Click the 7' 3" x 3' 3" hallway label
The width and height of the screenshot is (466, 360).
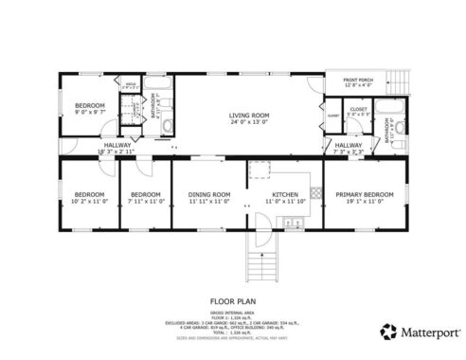click(349, 148)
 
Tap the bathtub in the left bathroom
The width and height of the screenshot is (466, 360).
click(164, 96)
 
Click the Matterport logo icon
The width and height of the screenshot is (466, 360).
click(387, 331)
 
